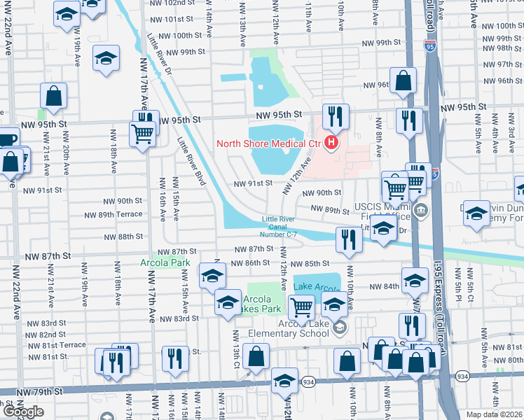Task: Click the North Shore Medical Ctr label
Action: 268,144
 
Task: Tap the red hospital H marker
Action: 331,144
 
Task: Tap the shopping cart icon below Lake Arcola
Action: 301,306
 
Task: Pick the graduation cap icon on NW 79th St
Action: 284,380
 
